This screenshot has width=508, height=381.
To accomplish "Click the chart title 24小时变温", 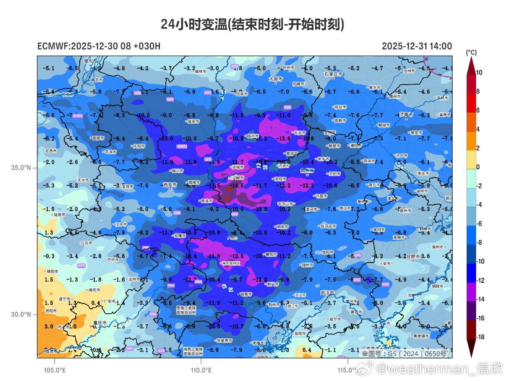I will [253, 25].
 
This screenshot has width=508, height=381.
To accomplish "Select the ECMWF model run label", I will [99, 46].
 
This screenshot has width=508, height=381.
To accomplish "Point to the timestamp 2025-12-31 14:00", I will [417, 46].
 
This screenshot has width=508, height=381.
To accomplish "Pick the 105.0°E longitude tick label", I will [55, 370].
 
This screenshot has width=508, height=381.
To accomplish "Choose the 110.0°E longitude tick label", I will [201, 370].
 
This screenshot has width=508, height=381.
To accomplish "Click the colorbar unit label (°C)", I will [471, 52].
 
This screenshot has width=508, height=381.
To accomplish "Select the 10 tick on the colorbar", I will [479, 73].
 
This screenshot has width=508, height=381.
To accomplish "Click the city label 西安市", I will [170, 185].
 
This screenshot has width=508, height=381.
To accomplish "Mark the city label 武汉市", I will [327, 293].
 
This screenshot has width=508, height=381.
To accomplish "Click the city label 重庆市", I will [100, 323].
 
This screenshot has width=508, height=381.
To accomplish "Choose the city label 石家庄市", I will [333, 74].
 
